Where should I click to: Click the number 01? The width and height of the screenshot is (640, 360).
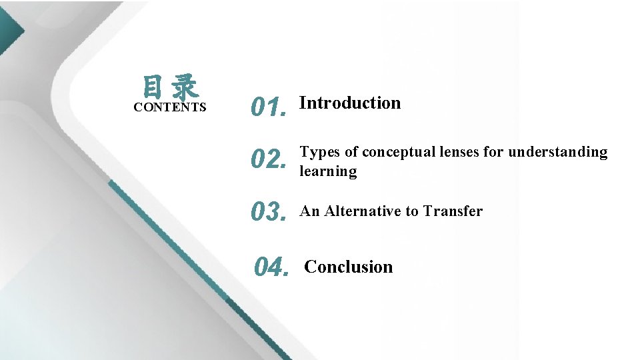coord(268,107)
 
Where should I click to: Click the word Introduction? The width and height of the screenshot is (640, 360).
coord(350,103)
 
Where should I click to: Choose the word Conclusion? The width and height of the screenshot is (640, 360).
coord(348,267)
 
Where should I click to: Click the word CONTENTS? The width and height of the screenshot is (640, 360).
coord(170,107)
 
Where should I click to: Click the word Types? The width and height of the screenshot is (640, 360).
coord(320,153)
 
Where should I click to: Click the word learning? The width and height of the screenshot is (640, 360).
coord(328,171)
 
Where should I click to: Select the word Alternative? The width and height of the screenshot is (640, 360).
coord(364,211)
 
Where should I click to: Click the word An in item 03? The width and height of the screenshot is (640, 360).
coord(309,211)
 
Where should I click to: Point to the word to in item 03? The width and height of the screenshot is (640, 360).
coord(413,211)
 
